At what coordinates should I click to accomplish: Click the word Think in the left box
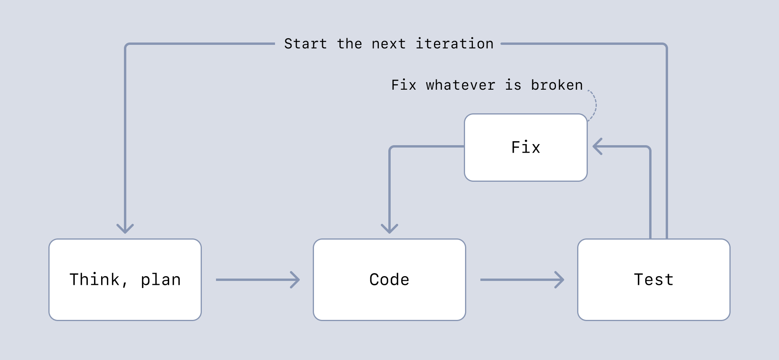(94, 279)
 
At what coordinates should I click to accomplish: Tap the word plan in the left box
(161, 280)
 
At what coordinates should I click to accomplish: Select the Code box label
(389, 280)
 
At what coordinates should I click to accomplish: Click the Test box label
(653, 280)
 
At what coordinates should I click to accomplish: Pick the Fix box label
(526, 147)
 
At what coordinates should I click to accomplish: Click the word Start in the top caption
(305, 44)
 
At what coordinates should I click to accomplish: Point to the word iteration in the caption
(454, 44)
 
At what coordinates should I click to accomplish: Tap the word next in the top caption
(388, 44)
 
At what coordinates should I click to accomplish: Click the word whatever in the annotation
(460, 85)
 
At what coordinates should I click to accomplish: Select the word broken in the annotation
(557, 85)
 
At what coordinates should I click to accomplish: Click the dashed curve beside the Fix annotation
(595, 105)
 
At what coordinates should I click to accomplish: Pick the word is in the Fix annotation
(513, 85)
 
